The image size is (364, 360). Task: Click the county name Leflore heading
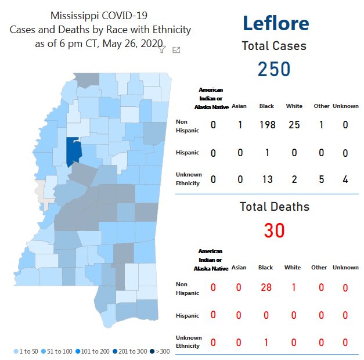(276, 24)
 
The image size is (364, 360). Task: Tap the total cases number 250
(274, 69)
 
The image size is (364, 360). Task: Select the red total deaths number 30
(274, 231)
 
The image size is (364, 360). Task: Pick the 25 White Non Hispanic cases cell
(294, 125)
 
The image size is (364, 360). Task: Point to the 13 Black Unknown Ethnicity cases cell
(267, 179)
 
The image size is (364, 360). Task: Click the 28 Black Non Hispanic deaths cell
(266, 287)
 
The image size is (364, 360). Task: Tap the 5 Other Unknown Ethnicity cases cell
(321, 179)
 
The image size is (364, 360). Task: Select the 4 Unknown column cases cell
(345, 179)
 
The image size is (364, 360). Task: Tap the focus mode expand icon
(176, 50)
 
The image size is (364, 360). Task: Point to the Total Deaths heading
(275, 207)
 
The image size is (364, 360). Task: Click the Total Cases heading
(274, 46)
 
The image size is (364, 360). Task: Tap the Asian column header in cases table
(239, 106)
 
